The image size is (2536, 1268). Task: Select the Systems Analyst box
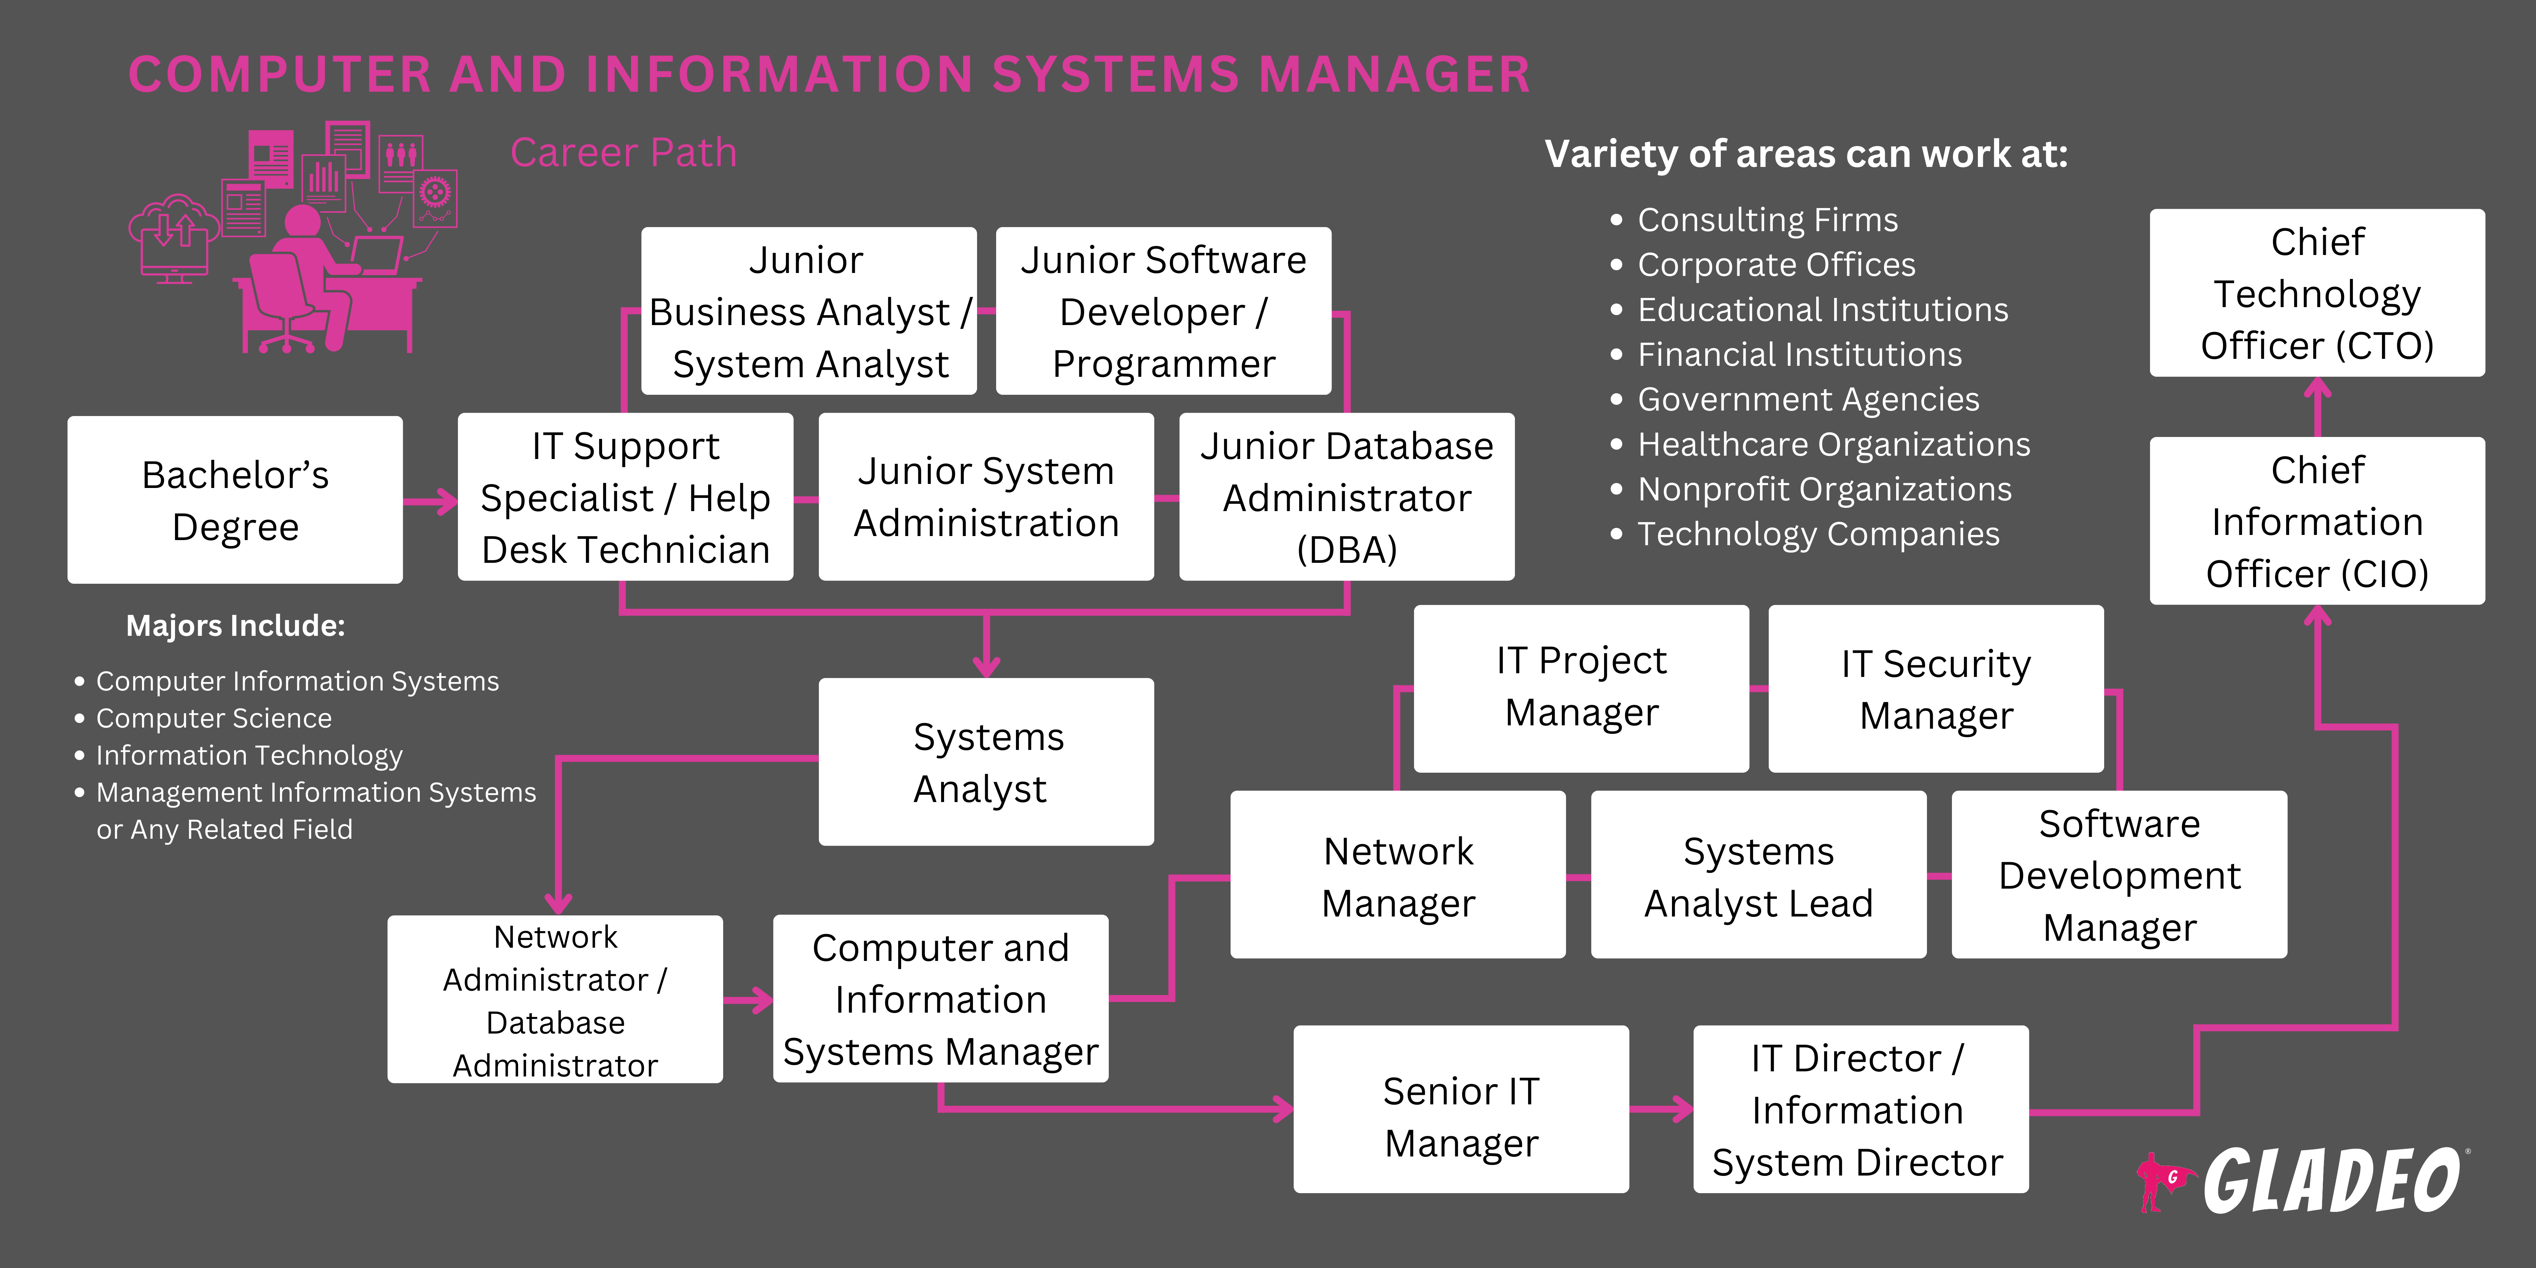coord(985,762)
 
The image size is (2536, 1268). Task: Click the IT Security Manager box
coord(1935,689)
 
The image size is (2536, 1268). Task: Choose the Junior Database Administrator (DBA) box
coord(1346,497)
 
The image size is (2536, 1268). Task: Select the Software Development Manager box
coord(2118,875)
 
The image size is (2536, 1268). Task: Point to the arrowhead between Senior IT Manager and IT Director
coord(1681,1109)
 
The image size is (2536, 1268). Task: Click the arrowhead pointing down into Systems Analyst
coord(985,667)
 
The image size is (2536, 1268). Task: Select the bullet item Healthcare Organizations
coord(1833,444)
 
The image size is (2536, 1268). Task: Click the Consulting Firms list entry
coord(1767,219)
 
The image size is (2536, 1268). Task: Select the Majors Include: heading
coord(235,625)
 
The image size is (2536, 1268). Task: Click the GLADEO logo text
coord(2331,1180)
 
